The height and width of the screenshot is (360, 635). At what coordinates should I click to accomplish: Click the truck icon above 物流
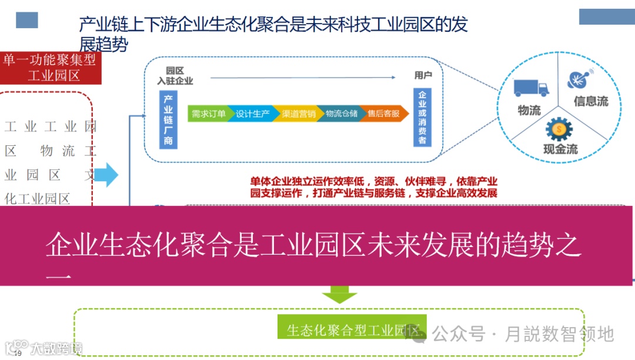coord(532,88)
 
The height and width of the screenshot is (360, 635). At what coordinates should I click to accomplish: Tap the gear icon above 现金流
coord(559,128)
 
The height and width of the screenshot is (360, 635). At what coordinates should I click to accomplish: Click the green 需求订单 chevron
coord(208,114)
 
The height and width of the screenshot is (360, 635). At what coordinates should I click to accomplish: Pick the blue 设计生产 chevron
coord(253,114)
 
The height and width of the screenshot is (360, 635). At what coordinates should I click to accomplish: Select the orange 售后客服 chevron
coord(383,114)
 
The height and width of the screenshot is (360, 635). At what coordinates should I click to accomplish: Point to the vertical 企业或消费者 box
coord(422,118)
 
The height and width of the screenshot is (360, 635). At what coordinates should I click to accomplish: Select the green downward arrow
coord(339,294)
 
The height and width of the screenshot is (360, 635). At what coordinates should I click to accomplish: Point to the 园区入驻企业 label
coord(175,76)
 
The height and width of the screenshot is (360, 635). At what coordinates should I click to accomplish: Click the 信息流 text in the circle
coord(590,101)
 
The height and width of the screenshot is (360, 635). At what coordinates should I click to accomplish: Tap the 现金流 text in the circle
coord(560,149)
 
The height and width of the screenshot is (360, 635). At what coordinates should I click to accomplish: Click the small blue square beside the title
coord(26,20)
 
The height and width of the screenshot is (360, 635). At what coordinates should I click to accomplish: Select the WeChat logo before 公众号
coord(420,334)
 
